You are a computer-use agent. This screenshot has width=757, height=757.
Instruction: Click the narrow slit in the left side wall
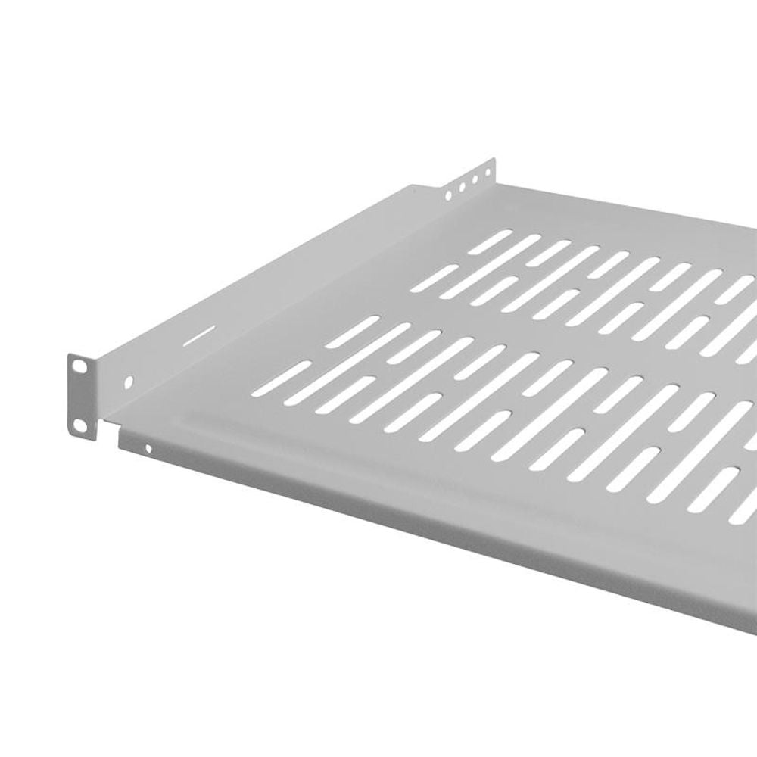point(201,333)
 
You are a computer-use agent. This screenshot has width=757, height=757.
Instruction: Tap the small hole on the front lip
point(148,449)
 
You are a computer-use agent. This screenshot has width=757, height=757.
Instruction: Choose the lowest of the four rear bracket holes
point(449,195)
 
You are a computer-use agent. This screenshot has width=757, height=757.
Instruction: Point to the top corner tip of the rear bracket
point(493,160)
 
